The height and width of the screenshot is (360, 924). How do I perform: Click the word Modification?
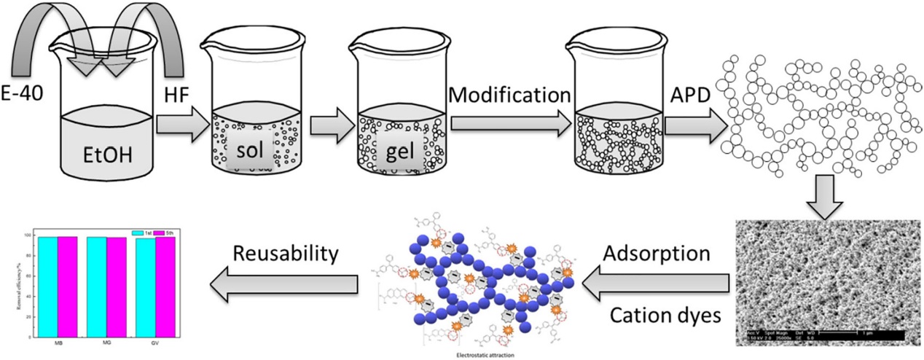tap(509, 95)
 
